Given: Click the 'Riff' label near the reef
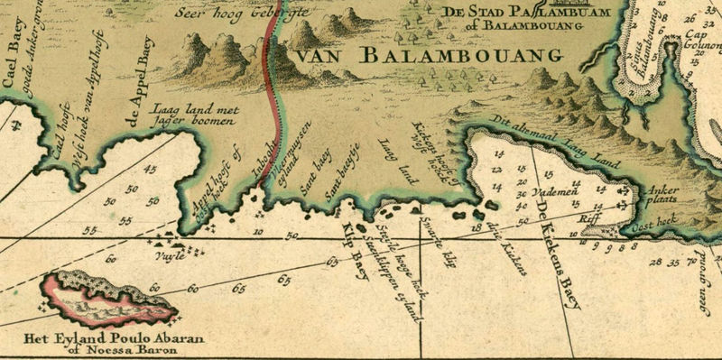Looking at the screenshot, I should (x=588, y=217).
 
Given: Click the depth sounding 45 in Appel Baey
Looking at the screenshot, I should (x=150, y=169).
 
